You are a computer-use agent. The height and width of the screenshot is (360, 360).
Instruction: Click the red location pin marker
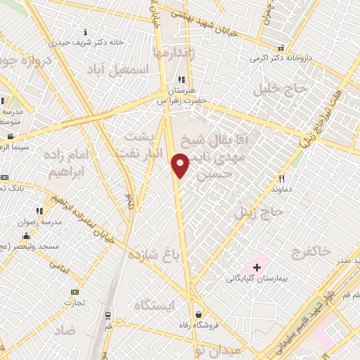pyautogui.click(x=181, y=165)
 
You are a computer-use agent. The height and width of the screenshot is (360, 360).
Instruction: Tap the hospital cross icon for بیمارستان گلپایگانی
pyautogui.click(x=257, y=267)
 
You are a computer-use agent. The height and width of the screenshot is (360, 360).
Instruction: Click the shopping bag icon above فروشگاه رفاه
pyautogui.click(x=200, y=314)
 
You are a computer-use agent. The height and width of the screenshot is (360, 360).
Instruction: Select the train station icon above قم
pyautogui.click(x=108, y=316)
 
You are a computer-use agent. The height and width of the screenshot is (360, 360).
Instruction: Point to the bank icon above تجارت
pyautogui.click(x=75, y=292)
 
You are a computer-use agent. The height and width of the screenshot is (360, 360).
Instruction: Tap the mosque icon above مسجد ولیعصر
pyautogui.click(x=27, y=236)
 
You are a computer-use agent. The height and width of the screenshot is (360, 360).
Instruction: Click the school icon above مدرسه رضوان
pyautogui.click(x=39, y=210)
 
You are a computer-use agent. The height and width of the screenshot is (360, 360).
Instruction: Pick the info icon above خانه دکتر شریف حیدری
pyautogui.click(x=86, y=32)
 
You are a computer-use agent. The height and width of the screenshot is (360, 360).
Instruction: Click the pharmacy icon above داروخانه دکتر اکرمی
pyautogui.click(x=281, y=49)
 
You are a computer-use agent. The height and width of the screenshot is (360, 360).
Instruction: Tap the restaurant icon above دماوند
pyautogui.click(x=282, y=179)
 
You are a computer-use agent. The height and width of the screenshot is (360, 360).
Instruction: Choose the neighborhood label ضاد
pyautogui.click(x=64, y=330)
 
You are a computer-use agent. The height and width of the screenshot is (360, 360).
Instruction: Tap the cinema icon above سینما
pyautogui.click(x=10, y=136)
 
